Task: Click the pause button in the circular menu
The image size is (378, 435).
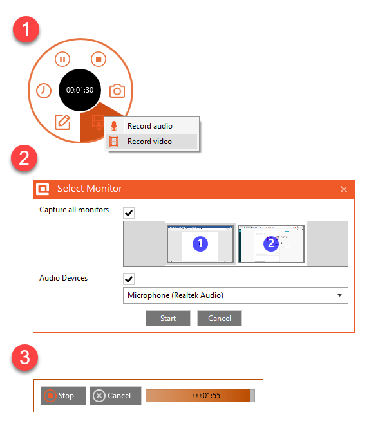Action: point(62,59)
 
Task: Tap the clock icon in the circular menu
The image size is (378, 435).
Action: point(44,91)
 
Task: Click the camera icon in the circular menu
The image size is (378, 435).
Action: point(117,91)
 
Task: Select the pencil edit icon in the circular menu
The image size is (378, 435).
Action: point(62,122)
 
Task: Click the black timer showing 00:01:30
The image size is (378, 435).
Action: point(80,90)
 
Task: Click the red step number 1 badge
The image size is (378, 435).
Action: point(26,30)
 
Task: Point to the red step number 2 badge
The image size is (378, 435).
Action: point(24,158)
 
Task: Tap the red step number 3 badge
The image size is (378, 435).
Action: point(24,357)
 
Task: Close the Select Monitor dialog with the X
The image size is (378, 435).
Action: point(344,189)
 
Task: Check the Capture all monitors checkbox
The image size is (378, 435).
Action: point(129,213)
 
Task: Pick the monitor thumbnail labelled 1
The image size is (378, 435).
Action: point(200,244)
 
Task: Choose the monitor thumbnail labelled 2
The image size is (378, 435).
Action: point(271,244)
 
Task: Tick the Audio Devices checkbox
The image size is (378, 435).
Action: point(129,279)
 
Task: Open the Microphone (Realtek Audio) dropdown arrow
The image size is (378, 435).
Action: point(340,295)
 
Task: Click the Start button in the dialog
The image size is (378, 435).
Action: point(168,318)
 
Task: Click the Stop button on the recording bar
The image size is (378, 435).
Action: point(63,396)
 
